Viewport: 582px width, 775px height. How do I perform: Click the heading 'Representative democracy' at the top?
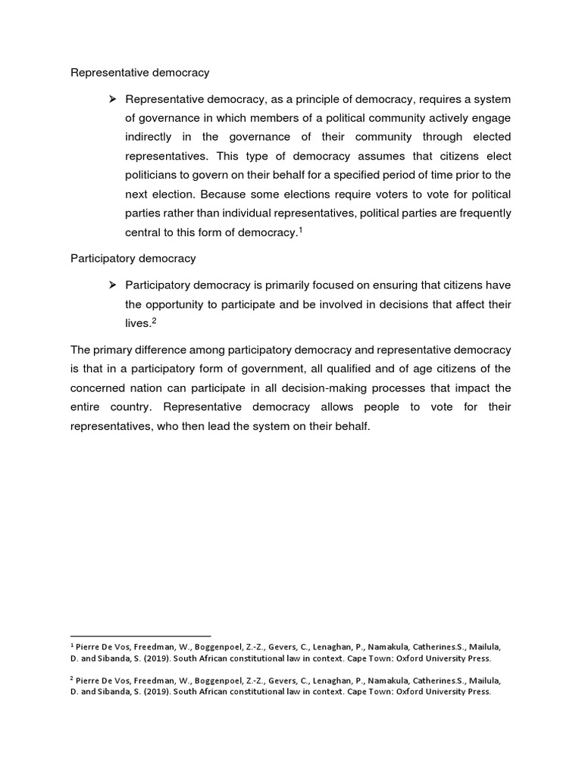(x=140, y=73)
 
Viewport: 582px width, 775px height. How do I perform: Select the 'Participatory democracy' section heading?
(x=133, y=258)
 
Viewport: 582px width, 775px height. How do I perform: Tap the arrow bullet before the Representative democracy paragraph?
(x=111, y=99)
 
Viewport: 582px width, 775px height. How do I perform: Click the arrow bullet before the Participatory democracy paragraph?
(x=111, y=285)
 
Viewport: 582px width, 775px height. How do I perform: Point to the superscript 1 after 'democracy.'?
(x=301, y=229)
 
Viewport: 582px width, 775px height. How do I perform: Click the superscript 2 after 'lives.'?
(x=153, y=320)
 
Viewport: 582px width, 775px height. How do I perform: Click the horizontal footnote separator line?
(x=140, y=636)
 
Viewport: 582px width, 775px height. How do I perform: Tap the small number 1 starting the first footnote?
(x=72, y=646)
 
